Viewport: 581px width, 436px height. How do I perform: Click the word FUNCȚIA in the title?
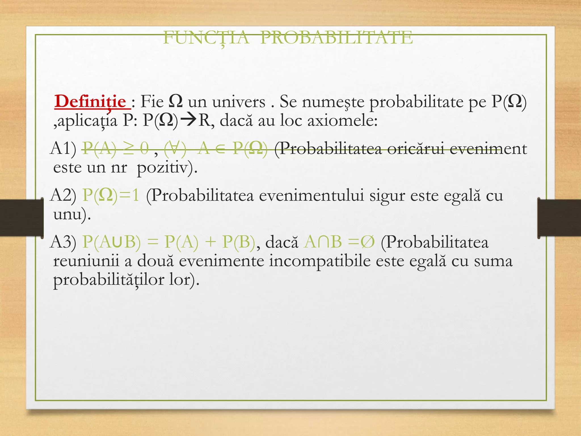coord(207,38)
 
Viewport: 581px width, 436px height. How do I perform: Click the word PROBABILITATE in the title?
coord(336,38)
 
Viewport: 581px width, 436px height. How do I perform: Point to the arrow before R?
coord(188,120)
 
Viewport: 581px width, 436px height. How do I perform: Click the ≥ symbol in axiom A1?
coord(128,148)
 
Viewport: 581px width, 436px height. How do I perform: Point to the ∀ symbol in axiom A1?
coord(175,148)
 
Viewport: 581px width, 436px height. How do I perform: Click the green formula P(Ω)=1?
coord(111,195)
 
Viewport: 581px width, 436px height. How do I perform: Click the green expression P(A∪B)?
coord(111,242)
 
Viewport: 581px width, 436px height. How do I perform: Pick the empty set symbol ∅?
coord(368,242)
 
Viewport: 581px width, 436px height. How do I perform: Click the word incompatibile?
coord(320,261)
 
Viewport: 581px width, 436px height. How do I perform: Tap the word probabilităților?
coord(109,280)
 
